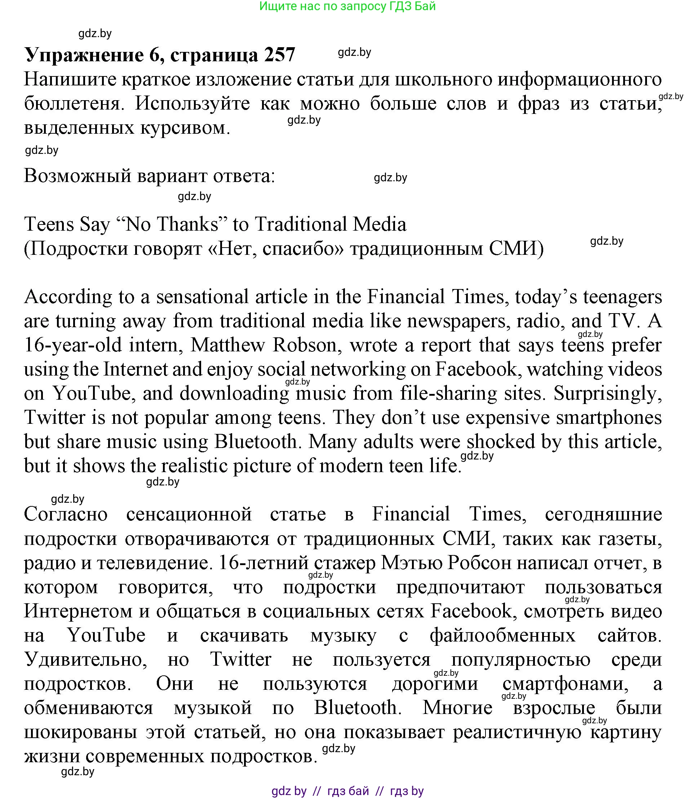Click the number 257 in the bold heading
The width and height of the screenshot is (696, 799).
click(279, 55)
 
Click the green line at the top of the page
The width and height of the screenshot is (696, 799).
click(347, 6)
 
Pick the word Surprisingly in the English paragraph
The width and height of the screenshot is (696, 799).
click(607, 393)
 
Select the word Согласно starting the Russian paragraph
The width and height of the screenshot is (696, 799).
click(66, 514)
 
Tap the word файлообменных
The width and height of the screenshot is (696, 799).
click(502, 635)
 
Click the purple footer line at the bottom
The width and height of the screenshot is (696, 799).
click(347, 791)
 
